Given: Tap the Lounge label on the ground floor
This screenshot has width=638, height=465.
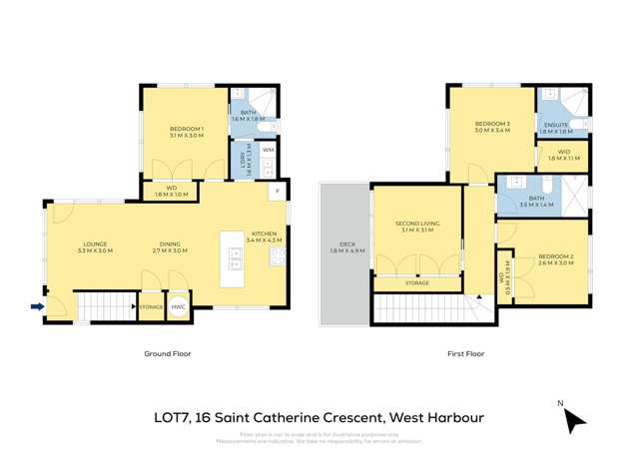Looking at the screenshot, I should tap(95, 246).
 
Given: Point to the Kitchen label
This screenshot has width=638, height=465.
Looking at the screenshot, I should tap(265, 237).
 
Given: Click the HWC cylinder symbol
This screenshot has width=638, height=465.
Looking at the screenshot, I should tap(179, 307).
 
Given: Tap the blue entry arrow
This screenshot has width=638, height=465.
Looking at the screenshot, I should tap(37, 306).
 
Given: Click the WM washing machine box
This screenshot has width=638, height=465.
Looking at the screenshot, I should tap(268, 150).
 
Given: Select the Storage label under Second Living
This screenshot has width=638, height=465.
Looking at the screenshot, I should tap(417, 283).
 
